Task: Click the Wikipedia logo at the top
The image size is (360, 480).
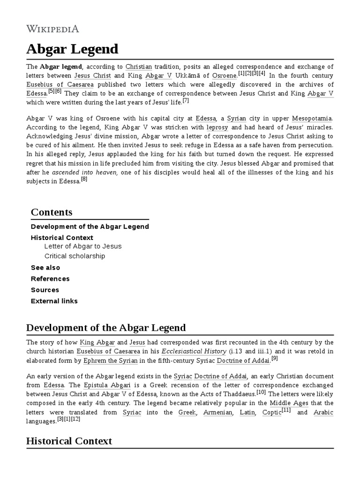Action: [52, 29]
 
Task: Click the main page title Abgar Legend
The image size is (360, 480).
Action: [72, 49]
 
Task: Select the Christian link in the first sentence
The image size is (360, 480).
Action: [139, 67]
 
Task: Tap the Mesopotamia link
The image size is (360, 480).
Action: [313, 119]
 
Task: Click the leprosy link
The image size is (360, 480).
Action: [217, 127]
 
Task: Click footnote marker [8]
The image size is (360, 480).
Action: [84, 179]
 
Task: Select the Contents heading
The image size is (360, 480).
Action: [52, 212]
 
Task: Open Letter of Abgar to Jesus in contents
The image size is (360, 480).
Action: [82, 246]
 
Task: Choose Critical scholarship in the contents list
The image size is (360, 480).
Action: [75, 256]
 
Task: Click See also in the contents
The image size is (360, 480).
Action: [45, 267]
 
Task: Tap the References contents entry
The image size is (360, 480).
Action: [50, 278]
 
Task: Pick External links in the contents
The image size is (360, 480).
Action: [54, 301]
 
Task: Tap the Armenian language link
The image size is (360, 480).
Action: [217, 412]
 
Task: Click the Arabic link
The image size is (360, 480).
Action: [323, 412]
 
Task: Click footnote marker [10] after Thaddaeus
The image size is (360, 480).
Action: [261, 392]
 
